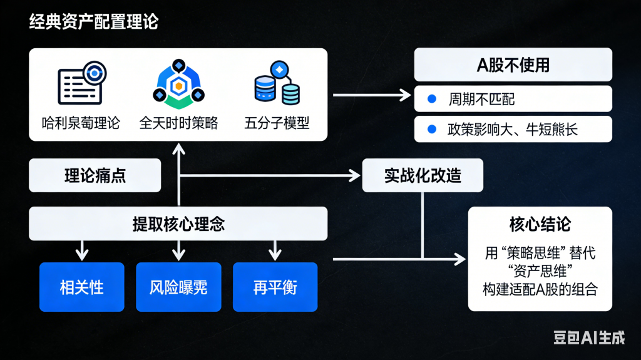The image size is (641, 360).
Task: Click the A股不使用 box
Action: click(513, 65)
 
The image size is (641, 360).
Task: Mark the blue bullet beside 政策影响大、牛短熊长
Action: click(431, 130)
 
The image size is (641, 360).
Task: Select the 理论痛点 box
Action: click(95, 175)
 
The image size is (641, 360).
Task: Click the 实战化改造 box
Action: click(423, 175)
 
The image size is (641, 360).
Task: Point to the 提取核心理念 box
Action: click(178, 224)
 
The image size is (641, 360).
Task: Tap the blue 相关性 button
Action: click(81, 287)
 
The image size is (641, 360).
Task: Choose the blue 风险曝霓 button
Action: click(178, 287)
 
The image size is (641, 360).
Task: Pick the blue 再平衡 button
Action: click(275, 287)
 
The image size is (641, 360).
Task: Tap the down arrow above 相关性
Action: click(81, 253)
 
